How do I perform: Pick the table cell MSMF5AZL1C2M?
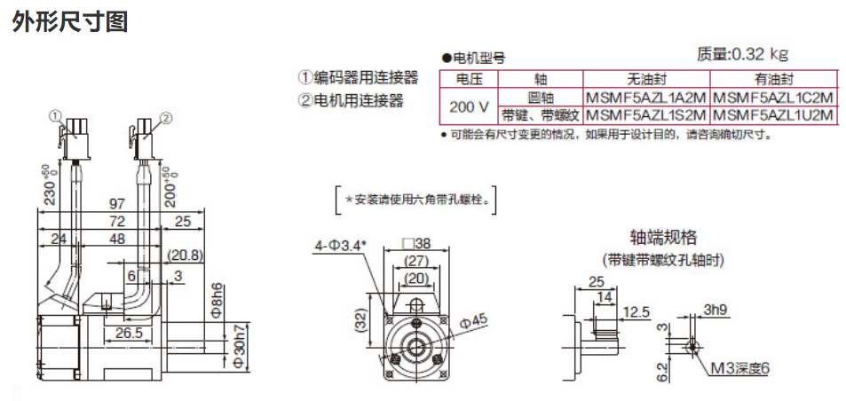[x=774, y=97]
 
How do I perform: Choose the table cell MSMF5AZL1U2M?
[x=774, y=114]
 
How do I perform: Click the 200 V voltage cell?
[x=469, y=106]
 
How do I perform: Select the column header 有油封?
[x=774, y=79]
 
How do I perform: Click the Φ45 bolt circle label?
[x=470, y=320]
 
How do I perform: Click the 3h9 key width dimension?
[x=716, y=310]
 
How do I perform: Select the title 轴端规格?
[x=663, y=237]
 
